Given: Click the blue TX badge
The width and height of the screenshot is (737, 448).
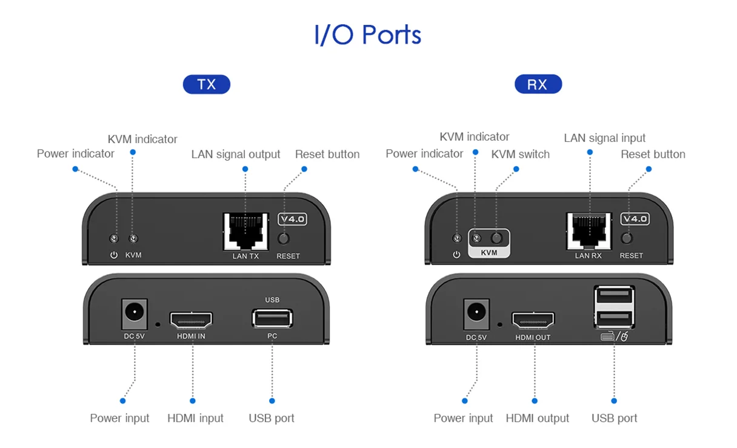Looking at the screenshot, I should click(207, 84).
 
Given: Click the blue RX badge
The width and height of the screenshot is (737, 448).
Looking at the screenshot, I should click(538, 84).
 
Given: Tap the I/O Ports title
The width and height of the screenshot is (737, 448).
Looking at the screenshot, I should click(368, 35).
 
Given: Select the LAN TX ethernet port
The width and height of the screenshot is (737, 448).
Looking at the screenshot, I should click(245, 231).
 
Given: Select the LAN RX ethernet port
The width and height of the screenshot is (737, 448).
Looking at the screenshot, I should click(588, 231).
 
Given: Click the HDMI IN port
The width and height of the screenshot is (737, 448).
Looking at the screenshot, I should click(191, 319).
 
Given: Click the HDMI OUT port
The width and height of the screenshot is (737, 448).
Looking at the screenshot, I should click(533, 319).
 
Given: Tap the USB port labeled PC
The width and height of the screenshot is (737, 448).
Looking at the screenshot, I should click(272, 318).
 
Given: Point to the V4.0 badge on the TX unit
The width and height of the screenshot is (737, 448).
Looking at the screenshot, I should click(292, 219).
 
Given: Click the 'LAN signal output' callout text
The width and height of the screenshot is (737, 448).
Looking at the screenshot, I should click(236, 155).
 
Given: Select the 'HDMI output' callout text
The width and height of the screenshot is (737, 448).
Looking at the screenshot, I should click(538, 418).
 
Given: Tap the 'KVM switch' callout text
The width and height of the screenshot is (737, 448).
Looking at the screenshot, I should click(521, 154).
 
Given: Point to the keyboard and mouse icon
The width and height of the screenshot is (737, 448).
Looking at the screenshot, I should click(613, 336).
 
